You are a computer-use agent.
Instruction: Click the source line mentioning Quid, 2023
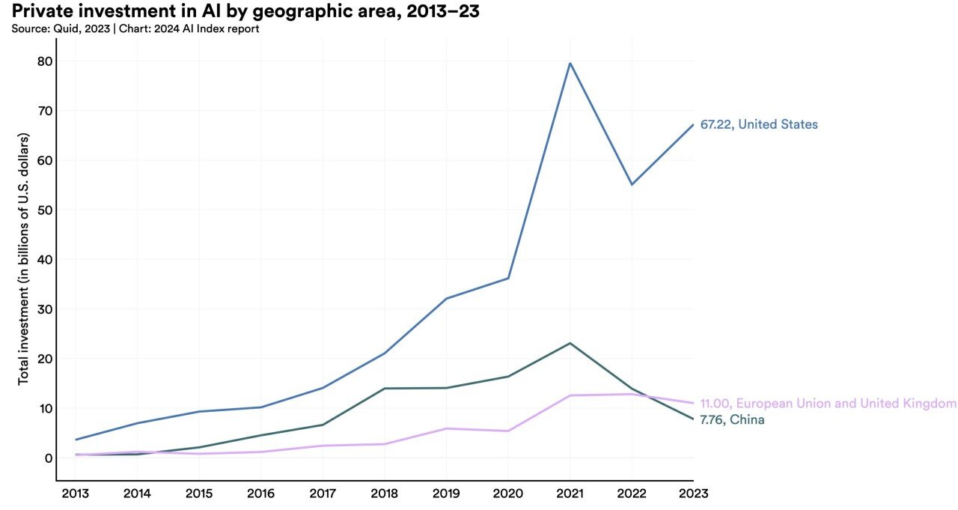click(135, 29)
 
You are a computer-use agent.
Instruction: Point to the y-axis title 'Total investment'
click(23, 259)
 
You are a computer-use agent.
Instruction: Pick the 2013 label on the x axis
click(76, 494)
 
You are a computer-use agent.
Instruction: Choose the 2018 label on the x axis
click(384, 494)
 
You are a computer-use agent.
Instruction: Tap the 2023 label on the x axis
click(692, 494)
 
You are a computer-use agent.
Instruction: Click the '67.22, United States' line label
click(759, 124)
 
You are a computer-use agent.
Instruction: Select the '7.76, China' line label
click(732, 419)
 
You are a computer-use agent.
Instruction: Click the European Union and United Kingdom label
click(828, 404)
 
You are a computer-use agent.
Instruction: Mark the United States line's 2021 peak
click(570, 63)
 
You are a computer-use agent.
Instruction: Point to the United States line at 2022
click(631, 184)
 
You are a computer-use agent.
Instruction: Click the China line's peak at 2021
click(570, 343)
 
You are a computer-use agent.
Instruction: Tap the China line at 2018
click(385, 388)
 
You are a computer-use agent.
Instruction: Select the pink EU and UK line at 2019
click(446, 428)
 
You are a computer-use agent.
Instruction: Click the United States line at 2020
click(508, 279)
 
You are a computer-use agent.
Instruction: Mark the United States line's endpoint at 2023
click(692, 125)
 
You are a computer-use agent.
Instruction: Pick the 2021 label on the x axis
click(570, 494)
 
